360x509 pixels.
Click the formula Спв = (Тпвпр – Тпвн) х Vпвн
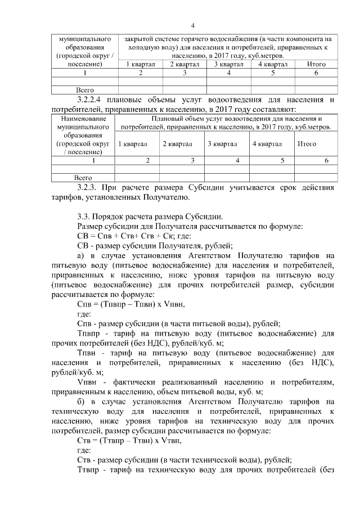(x=130, y=304)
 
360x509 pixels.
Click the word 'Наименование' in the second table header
(x=83, y=119)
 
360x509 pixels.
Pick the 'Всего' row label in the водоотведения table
(x=83, y=178)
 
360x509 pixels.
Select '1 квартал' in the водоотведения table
(x=133, y=144)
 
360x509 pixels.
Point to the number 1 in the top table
(x=84, y=73)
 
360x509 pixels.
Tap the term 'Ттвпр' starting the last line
(x=88, y=469)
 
